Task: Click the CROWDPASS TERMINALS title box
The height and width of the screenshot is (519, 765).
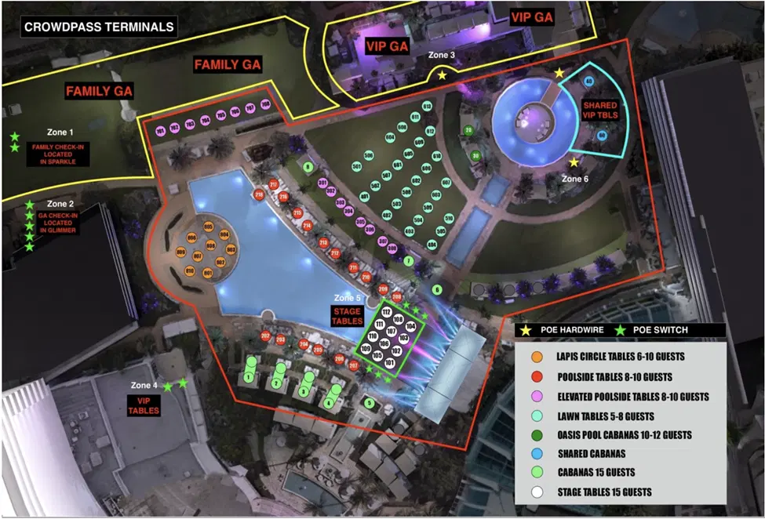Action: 98,27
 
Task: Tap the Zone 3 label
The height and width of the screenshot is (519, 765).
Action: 442,55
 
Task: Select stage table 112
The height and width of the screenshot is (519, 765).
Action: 386,313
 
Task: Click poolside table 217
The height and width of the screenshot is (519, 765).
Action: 274,184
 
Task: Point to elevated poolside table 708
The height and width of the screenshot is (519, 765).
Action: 265,104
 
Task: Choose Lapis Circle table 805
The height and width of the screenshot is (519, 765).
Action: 209,227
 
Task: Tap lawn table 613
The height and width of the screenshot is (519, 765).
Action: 428,106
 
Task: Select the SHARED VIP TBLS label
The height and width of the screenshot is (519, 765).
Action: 599,111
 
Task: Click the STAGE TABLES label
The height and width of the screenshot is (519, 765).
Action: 347,316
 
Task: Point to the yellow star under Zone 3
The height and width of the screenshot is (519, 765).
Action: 442,75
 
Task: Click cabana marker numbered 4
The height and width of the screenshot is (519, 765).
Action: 329,403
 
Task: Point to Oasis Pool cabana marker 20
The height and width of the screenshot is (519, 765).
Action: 468,129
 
